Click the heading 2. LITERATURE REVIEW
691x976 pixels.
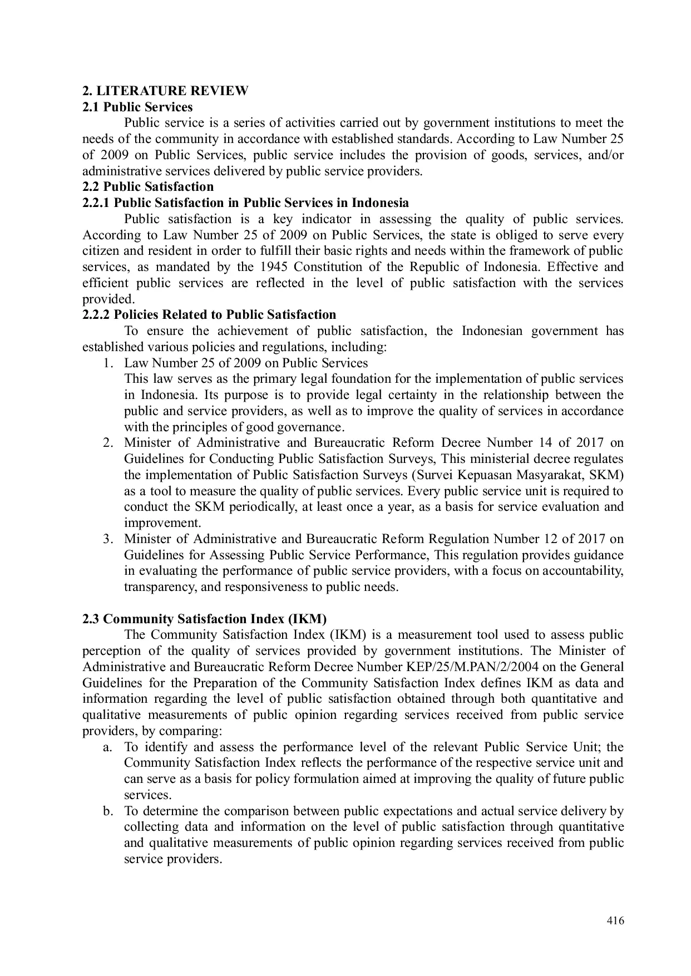[x=165, y=91]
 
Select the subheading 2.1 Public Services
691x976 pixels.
[x=137, y=107]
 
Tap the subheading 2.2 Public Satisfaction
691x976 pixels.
[x=148, y=187]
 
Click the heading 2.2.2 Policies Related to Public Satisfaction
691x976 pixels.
[x=209, y=315]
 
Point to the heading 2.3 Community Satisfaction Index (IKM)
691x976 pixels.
[x=205, y=619]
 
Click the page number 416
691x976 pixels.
[x=615, y=920]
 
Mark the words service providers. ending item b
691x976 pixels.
[x=173, y=859]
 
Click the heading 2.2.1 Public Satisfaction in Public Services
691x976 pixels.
[x=245, y=203]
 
